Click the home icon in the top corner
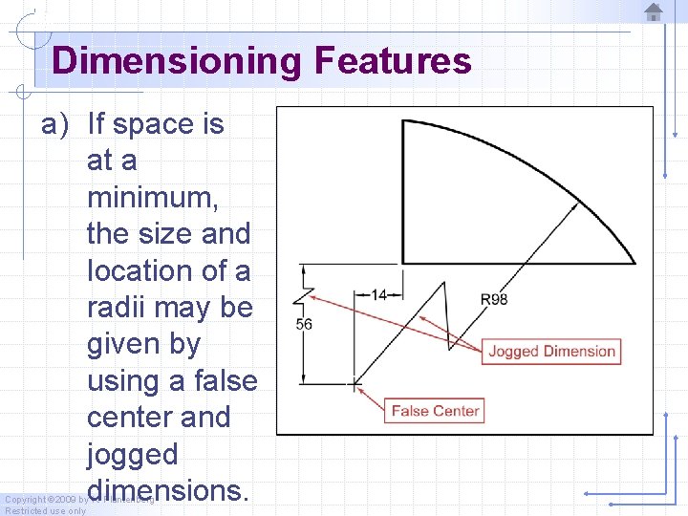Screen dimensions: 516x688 654,12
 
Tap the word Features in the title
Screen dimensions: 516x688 392,61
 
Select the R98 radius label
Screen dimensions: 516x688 494,299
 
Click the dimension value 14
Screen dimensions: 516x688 380,295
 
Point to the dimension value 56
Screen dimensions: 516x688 304,325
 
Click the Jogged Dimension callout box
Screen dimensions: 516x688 551,351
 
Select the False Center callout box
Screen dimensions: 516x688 435,411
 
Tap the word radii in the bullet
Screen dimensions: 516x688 118,308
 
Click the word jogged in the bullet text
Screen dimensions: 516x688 132,454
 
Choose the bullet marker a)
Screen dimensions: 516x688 55,124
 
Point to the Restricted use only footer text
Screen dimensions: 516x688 44,510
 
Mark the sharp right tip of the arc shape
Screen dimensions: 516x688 634,262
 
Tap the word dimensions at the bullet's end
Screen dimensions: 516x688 167,490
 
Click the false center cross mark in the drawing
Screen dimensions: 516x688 354,384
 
